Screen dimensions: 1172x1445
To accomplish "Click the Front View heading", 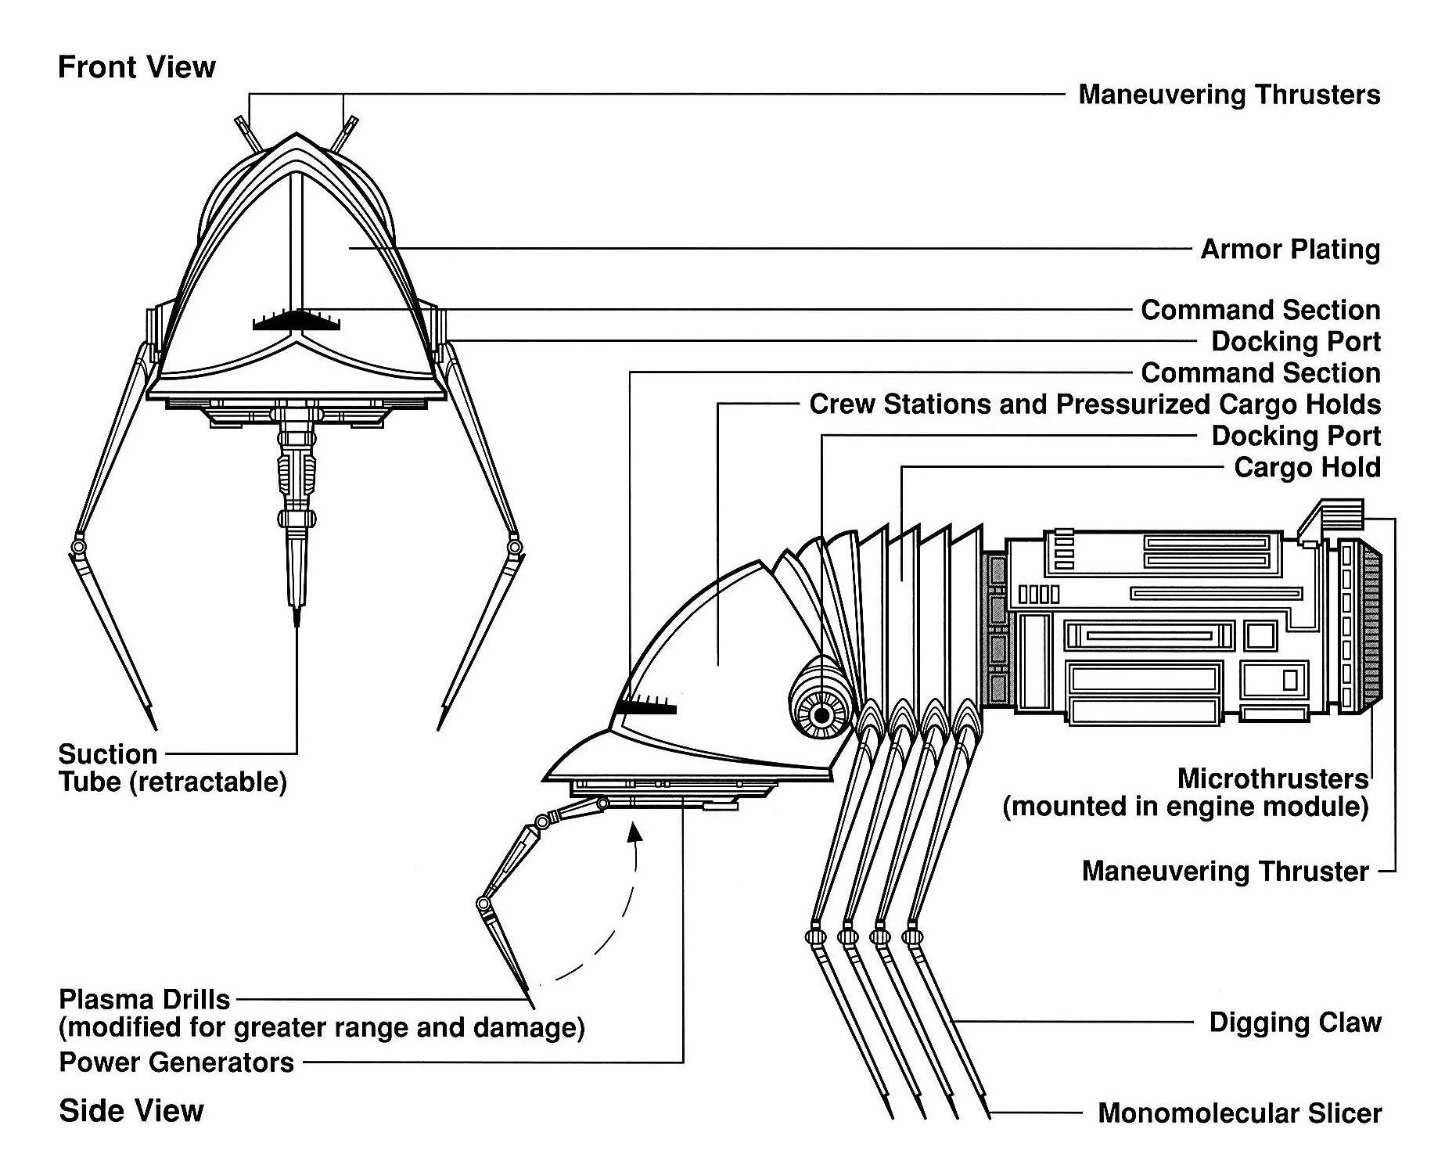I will [x=136, y=67].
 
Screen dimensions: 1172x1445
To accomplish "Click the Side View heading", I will [x=131, y=1110].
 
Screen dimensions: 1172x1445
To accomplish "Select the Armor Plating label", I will [x=1290, y=250].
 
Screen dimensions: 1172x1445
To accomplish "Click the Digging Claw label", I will [x=1295, y=1023].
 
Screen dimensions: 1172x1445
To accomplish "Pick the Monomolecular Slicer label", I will [x=1239, y=1113].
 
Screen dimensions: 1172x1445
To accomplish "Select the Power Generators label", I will [x=177, y=1062].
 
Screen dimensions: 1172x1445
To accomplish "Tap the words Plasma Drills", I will [x=144, y=1000].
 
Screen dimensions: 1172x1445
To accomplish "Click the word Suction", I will [x=108, y=754].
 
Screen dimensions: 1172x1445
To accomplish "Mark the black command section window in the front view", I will [x=297, y=321].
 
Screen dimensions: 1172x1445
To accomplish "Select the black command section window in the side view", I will [x=646, y=706].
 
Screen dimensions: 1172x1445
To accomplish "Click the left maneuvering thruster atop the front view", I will [x=247, y=134].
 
